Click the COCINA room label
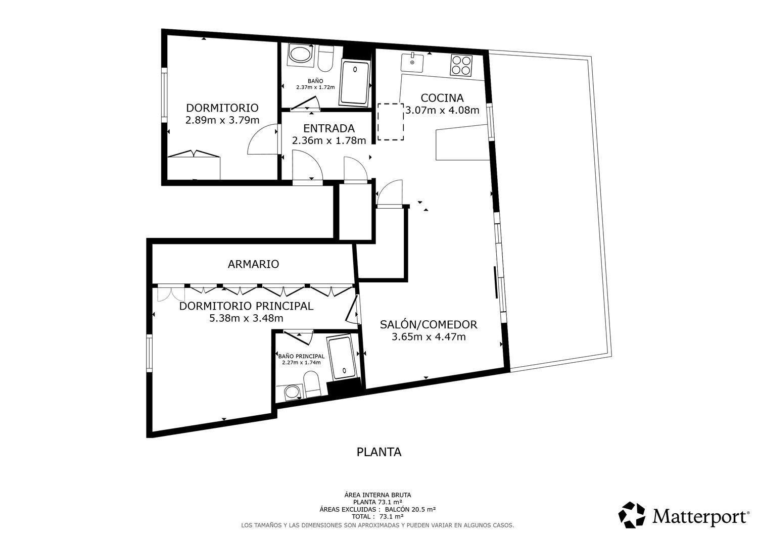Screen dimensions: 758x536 (442, 98)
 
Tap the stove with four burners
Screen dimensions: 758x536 (461, 65)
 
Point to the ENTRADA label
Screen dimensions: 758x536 (328, 128)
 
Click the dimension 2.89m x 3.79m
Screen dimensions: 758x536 (222, 120)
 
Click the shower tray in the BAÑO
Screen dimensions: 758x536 (355, 82)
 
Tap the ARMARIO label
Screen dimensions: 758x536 (253, 264)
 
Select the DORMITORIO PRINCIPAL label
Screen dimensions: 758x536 (246, 306)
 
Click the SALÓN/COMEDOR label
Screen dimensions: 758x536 (429, 324)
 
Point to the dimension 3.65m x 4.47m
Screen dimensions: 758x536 (429, 336)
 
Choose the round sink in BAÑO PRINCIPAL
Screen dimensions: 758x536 (292, 393)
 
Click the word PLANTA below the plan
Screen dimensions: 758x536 (378, 452)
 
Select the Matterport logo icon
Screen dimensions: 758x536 (632, 515)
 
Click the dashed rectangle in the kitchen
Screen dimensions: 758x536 (391, 121)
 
